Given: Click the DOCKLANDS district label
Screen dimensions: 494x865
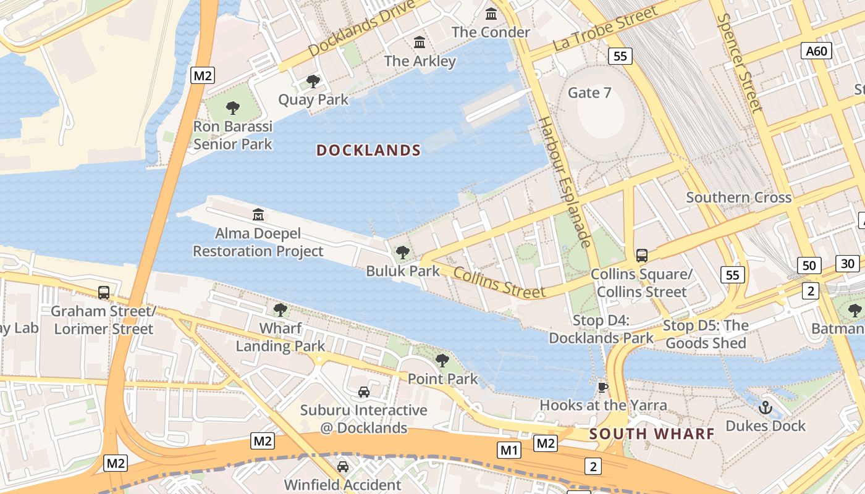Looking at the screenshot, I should (368, 150).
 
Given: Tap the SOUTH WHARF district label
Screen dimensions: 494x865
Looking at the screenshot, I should (652, 433).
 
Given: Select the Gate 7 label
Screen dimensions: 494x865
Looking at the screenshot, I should (589, 93).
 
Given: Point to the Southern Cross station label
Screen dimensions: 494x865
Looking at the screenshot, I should (738, 198).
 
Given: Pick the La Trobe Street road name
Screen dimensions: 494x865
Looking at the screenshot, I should (605, 29).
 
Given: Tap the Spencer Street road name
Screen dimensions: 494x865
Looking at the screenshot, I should (740, 62).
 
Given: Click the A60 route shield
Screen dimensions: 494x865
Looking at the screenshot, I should (816, 51).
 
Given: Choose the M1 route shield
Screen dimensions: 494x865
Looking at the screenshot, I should (509, 450).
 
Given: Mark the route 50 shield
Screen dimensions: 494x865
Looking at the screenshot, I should (809, 266).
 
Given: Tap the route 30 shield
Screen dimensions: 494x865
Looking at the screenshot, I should (848, 264).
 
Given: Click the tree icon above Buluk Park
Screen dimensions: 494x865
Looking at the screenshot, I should (403, 252).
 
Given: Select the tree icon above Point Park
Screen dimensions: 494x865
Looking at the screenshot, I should (442, 361).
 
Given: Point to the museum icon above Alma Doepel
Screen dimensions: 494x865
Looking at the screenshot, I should (258, 215).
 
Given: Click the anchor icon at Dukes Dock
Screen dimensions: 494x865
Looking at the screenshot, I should (766, 408).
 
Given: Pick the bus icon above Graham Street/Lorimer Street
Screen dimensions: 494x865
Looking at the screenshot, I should (104, 293).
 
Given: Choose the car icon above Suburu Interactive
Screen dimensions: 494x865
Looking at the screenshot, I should (364, 391).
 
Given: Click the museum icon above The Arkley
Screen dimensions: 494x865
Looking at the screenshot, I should (420, 42).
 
